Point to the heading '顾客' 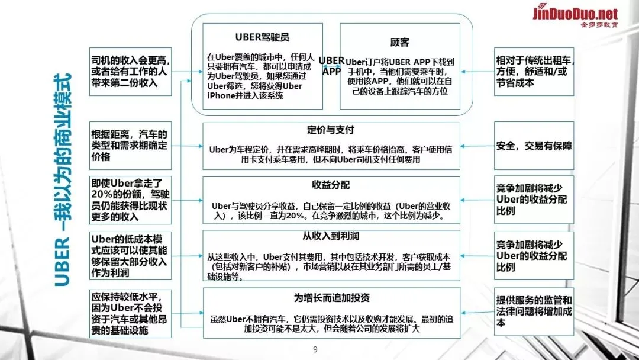tap(400, 43)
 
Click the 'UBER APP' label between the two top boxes tap(331, 65)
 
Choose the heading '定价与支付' tap(331, 130)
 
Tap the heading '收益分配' tap(331, 184)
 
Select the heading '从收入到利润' tap(331, 236)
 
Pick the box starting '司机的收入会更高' tap(130, 71)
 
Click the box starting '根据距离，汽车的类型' tap(130, 145)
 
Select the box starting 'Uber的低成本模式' tap(130, 255)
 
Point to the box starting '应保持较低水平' tap(130, 313)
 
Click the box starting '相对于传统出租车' tap(534, 71)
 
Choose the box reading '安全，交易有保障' tap(534, 145)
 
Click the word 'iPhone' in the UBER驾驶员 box tap(222, 95)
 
